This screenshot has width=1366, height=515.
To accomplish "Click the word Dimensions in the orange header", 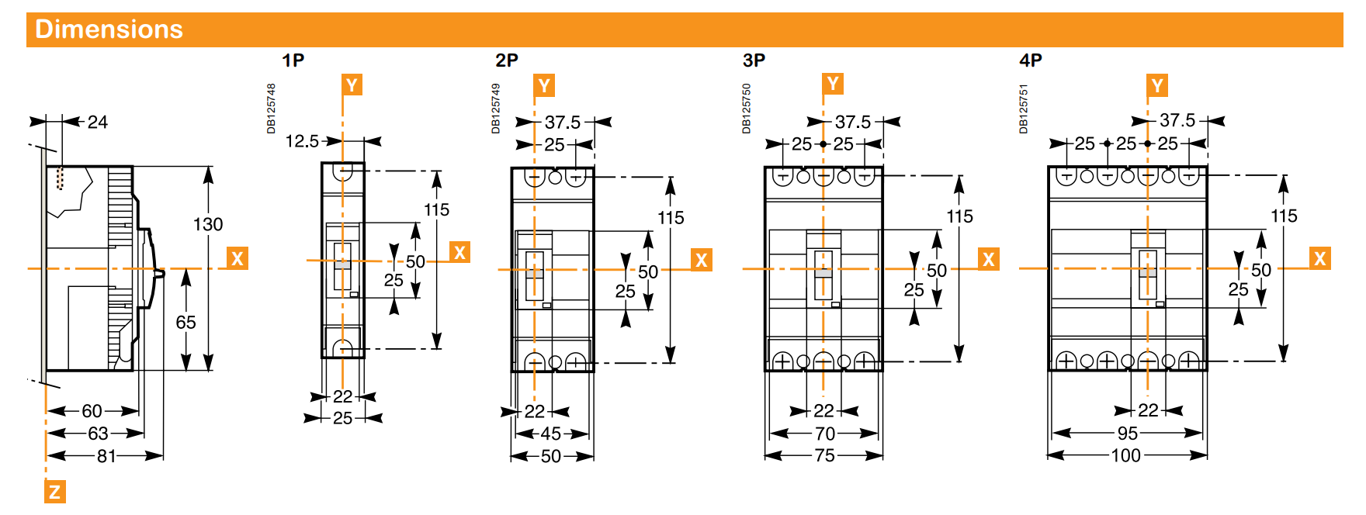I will [109, 29].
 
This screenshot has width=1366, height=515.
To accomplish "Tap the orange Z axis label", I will [54, 492].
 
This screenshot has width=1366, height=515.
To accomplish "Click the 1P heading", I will [293, 60].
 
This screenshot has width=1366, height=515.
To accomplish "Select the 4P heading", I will [1031, 60].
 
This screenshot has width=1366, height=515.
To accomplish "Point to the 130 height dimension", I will [208, 225].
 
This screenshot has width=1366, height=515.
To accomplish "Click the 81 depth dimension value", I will [106, 456].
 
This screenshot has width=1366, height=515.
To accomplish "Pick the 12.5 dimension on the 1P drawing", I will [302, 141].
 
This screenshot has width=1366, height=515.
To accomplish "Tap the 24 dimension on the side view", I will [98, 122].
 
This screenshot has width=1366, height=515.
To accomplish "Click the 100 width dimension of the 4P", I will [1125, 456].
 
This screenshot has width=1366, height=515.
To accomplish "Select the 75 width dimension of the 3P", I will [824, 456].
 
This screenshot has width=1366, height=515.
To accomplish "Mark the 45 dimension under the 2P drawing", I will [550, 434].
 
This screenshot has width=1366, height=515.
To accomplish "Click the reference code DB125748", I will [271, 109].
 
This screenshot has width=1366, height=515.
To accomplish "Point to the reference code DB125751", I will [1024, 109].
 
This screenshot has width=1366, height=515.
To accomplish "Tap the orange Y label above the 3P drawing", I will [833, 84].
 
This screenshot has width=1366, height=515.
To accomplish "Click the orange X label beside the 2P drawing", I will [702, 260].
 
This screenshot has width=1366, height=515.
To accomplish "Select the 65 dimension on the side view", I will [185, 322].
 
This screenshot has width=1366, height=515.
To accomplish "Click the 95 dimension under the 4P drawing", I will [1127, 434].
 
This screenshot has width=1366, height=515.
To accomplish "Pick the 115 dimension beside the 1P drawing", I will [436, 209].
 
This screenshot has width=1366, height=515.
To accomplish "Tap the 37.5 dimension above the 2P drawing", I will [563, 122].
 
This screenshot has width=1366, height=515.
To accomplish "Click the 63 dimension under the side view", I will [98, 434].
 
